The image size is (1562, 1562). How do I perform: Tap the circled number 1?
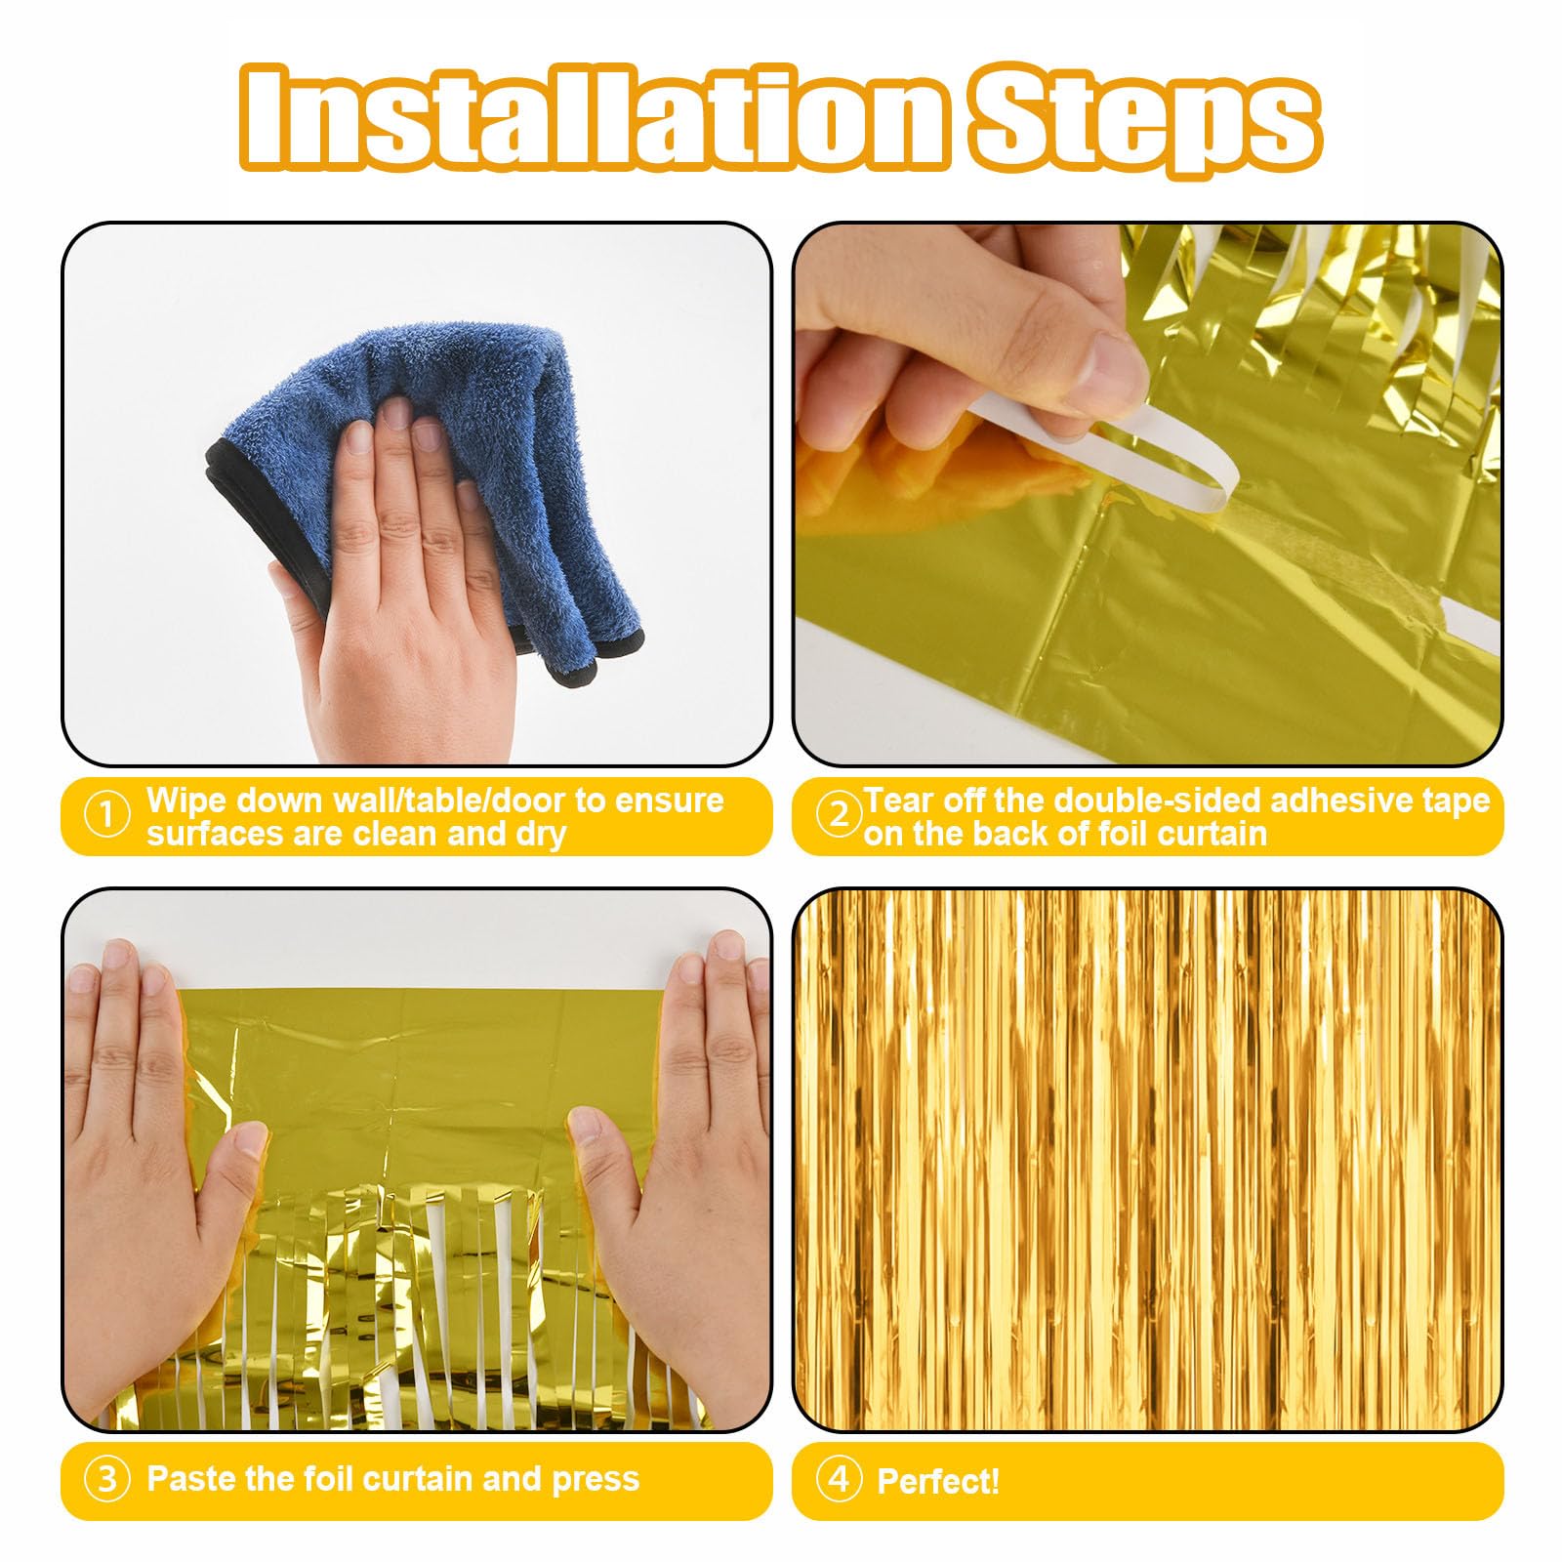[x=107, y=815]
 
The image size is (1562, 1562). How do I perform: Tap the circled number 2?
[x=838, y=815]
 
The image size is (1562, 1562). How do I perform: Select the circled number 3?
[x=107, y=1480]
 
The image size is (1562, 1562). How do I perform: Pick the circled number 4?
[x=838, y=1480]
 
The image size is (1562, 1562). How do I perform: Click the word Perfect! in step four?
[x=938, y=1482]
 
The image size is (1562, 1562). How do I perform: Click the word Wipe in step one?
[x=186, y=801]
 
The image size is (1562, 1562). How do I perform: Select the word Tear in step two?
[x=897, y=801]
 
